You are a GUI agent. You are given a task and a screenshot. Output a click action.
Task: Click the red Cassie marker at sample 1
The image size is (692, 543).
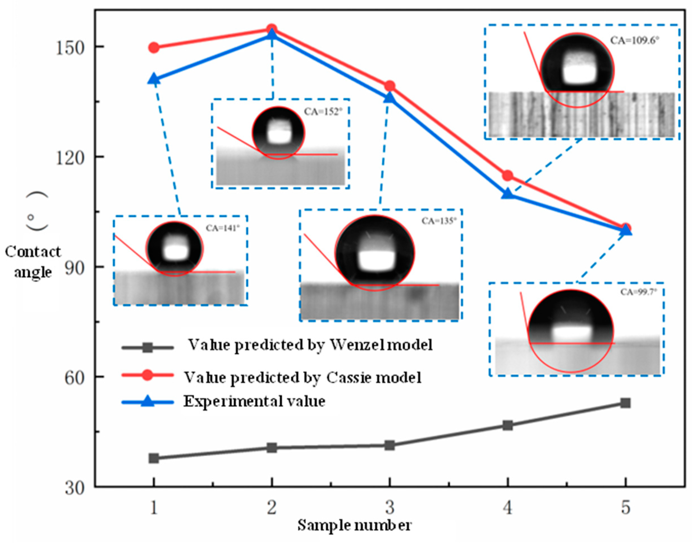[154, 48]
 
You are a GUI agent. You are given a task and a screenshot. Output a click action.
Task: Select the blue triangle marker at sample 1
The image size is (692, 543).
[154, 79]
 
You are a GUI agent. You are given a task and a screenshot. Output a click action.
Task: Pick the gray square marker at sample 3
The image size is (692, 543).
[390, 445]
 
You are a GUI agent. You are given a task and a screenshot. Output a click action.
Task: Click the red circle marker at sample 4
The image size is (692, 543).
[508, 175]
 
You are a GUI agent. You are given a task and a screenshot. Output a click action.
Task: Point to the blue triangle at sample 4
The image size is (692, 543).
[508, 194]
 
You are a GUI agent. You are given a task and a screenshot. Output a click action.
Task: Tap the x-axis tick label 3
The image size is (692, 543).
[390, 507]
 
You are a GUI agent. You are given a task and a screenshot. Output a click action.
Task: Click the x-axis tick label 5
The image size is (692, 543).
[625, 507]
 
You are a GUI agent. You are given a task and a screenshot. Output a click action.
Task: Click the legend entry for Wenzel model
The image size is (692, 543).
[310, 345]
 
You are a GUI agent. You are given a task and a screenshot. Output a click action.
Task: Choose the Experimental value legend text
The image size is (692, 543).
[254, 401]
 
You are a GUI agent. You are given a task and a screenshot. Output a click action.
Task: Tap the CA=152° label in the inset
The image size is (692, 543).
[323, 112]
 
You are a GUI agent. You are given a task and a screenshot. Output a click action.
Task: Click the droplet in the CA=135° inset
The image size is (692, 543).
[375, 253]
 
